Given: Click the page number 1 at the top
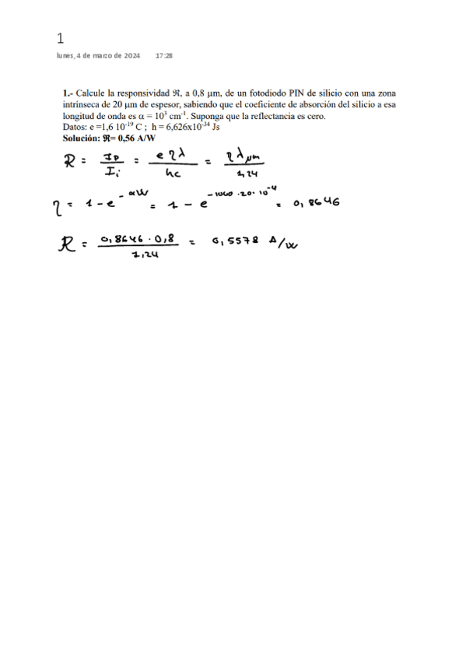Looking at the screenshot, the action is (x=61, y=38).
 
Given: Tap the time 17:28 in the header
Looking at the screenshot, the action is (x=163, y=56).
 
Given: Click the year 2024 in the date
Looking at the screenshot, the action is (x=131, y=56).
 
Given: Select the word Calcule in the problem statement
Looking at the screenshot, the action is (x=90, y=92).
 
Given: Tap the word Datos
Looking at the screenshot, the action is (x=75, y=126).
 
